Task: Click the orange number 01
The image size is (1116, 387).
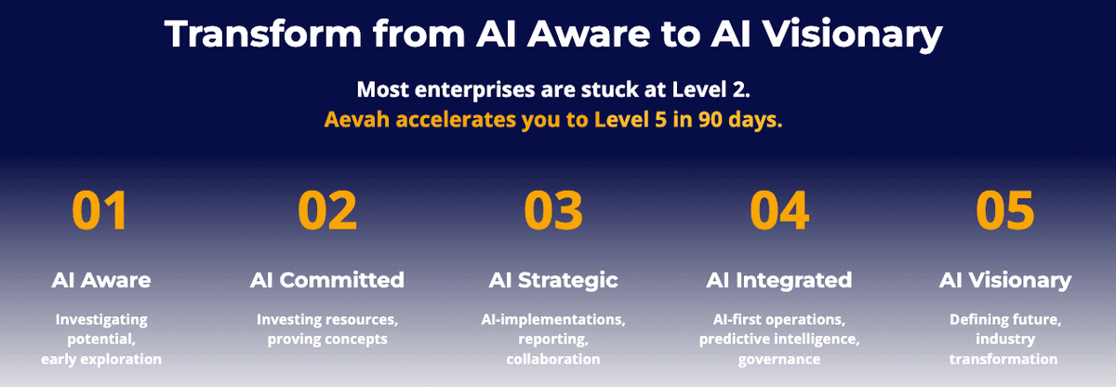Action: (x=100, y=210)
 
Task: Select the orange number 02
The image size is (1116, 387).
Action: (x=327, y=210)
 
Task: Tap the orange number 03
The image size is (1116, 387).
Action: (x=553, y=210)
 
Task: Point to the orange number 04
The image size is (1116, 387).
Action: (x=779, y=210)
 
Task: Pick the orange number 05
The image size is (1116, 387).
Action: (x=1005, y=210)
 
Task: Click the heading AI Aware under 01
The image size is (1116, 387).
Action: (x=101, y=280)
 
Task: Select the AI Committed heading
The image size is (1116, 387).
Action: (x=327, y=280)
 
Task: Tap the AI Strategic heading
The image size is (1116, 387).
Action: (x=553, y=280)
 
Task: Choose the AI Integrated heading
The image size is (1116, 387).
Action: (x=779, y=280)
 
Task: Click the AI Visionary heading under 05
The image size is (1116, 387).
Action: (x=1005, y=280)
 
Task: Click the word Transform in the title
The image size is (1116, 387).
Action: (x=263, y=33)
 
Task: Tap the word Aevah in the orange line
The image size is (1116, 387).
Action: (x=357, y=119)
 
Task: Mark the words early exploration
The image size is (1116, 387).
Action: (x=101, y=359)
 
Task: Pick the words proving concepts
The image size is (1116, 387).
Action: (x=327, y=340)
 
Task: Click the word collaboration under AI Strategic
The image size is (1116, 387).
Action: (x=553, y=358)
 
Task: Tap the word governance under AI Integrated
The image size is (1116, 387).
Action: (x=779, y=360)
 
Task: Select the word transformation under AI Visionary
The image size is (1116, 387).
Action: (x=1003, y=358)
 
